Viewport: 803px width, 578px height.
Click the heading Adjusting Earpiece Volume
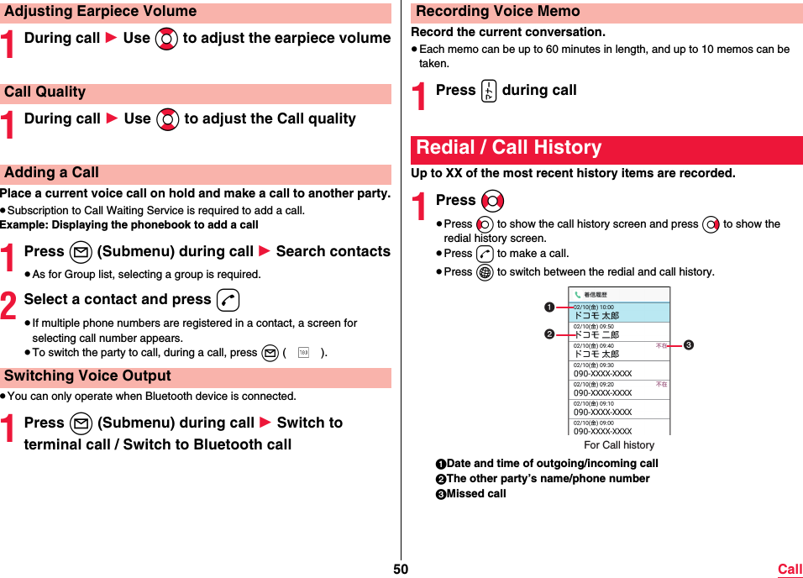coord(100,12)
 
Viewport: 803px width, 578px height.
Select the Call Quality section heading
coord(45,92)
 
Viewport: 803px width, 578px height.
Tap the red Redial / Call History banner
coord(509,148)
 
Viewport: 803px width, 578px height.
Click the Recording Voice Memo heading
coord(498,12)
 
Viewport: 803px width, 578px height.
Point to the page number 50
coord(401,570)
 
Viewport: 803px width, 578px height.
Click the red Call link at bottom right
coord(790,570)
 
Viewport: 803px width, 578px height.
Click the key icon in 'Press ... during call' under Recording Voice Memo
coord(489,91)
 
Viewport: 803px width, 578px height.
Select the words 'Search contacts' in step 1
coord(333,251)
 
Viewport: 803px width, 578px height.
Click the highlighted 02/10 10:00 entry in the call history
coord(620,312)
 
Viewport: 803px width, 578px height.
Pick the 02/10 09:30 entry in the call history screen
coord(620,370)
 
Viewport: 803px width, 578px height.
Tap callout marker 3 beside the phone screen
coord(687,344)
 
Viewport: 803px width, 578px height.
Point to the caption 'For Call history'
coord(619,444)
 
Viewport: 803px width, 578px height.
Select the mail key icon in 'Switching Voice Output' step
coord(81,423)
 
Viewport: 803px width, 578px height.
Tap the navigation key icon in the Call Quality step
coord(168,119)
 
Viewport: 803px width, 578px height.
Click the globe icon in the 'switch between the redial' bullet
coord(485,272)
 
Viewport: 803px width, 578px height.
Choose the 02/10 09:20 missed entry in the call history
coord(620,389)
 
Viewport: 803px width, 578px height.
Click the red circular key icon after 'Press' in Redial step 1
coord(493,201)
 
